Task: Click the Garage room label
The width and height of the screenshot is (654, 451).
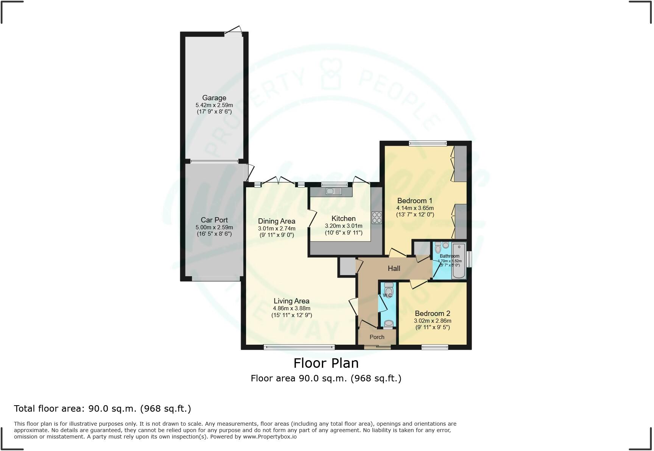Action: pos(214,98)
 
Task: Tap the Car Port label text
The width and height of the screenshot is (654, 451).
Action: pos(214,220)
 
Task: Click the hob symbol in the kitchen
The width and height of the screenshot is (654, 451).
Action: pos(377,218)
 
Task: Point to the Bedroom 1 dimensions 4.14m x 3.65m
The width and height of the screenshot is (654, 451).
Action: pos(415,208)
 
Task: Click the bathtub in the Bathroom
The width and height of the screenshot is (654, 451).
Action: pos(459,261)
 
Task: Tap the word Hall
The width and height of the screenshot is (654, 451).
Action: pos(394,268)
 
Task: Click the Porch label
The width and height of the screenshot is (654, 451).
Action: pos(377,337)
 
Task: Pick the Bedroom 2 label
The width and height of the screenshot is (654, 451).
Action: pos(432,313)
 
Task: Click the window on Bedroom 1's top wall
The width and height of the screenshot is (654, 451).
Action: pos(428,143)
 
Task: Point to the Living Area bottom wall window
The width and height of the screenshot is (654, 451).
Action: pos(299,347)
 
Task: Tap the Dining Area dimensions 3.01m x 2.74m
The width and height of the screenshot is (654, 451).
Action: pos(277,229)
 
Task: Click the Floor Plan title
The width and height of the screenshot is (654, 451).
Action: pos(326,363)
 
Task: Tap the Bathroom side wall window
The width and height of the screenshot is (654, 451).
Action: pos(469,259)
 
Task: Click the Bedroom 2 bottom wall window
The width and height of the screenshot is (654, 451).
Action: pos(435,347)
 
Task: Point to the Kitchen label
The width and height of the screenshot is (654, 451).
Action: pos(343,218)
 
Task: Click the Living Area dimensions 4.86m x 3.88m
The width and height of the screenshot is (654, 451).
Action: pos(291,308)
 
